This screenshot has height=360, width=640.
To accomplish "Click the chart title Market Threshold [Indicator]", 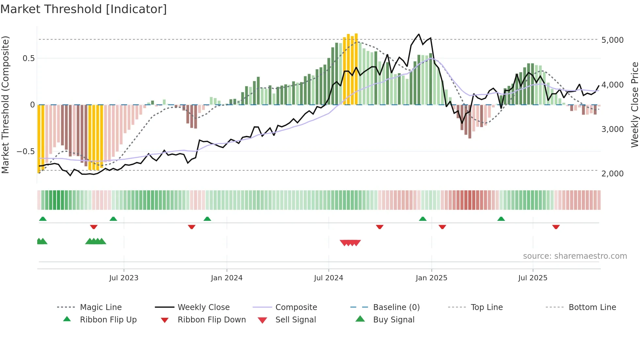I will [84, 9].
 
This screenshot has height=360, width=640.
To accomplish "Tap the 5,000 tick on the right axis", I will [612, 40].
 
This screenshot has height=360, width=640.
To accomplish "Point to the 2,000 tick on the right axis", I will [612, 174].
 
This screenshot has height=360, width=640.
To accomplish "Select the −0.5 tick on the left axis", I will [25, 152].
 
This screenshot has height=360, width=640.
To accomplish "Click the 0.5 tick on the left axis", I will [28, 58].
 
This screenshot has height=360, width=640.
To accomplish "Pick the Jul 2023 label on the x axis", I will [124, 278].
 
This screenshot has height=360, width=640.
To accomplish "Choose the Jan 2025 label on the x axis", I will [431, 278].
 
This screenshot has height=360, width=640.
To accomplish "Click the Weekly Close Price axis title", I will [634, 105].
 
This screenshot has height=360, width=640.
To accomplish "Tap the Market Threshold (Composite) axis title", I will [5, 105].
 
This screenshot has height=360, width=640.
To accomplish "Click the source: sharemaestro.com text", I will [575, 256].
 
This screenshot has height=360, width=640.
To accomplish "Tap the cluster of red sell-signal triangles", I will [350, 243].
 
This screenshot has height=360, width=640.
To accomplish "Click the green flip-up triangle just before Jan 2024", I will [207, 219].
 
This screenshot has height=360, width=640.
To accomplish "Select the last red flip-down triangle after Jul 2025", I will [556, 227].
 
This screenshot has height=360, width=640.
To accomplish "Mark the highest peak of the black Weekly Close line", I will [419, 34].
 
